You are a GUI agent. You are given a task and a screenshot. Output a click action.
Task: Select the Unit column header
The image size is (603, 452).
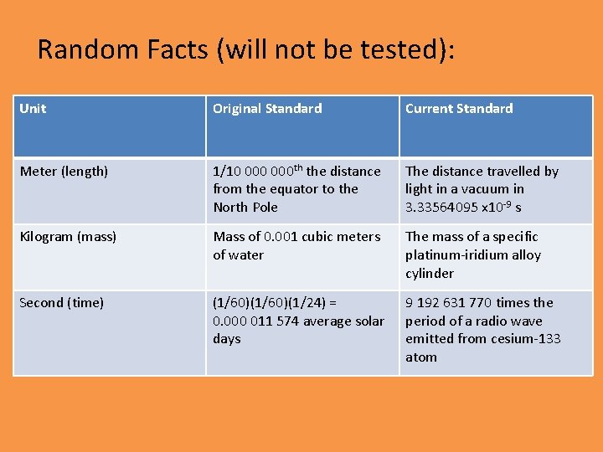33,109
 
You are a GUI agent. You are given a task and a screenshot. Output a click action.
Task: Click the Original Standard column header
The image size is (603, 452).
267,109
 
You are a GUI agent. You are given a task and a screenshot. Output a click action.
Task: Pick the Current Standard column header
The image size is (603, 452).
459,109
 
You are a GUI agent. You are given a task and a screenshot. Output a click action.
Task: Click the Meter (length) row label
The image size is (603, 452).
64,172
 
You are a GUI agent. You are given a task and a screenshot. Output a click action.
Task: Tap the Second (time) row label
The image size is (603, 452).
62,303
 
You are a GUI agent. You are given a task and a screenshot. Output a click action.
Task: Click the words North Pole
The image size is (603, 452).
245,208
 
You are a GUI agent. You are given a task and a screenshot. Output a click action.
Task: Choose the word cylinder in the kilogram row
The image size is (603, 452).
430,274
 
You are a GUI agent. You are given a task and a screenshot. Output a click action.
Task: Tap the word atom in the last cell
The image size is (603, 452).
421,357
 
